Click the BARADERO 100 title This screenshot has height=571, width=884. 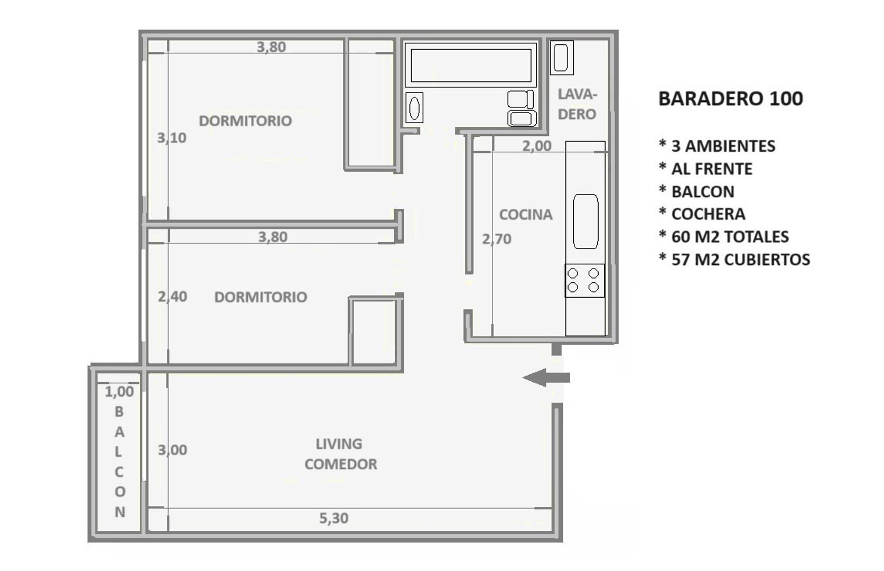(730, 98)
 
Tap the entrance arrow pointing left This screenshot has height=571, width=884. (545, 377)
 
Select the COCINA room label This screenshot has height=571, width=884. (526, 215)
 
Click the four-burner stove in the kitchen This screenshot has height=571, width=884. (584, 280)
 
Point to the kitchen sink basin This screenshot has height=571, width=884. (585, 221)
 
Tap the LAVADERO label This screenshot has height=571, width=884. (577, 104)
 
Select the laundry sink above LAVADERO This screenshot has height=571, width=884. (561, 57)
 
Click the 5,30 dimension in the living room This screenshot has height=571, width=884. (334, 518)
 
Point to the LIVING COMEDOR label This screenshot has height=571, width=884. (340, 454)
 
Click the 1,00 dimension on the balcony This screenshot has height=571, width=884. (119, 392)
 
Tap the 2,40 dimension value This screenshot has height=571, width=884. (173, 297)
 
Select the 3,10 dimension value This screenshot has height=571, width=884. (172, 138)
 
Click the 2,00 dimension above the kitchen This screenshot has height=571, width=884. (537, 146)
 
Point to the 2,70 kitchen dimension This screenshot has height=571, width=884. (497, 239)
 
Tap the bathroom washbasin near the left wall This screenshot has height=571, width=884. (414, 108)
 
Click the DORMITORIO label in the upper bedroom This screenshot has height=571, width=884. (245, 121)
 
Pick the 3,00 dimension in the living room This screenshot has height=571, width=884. (173, 450)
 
